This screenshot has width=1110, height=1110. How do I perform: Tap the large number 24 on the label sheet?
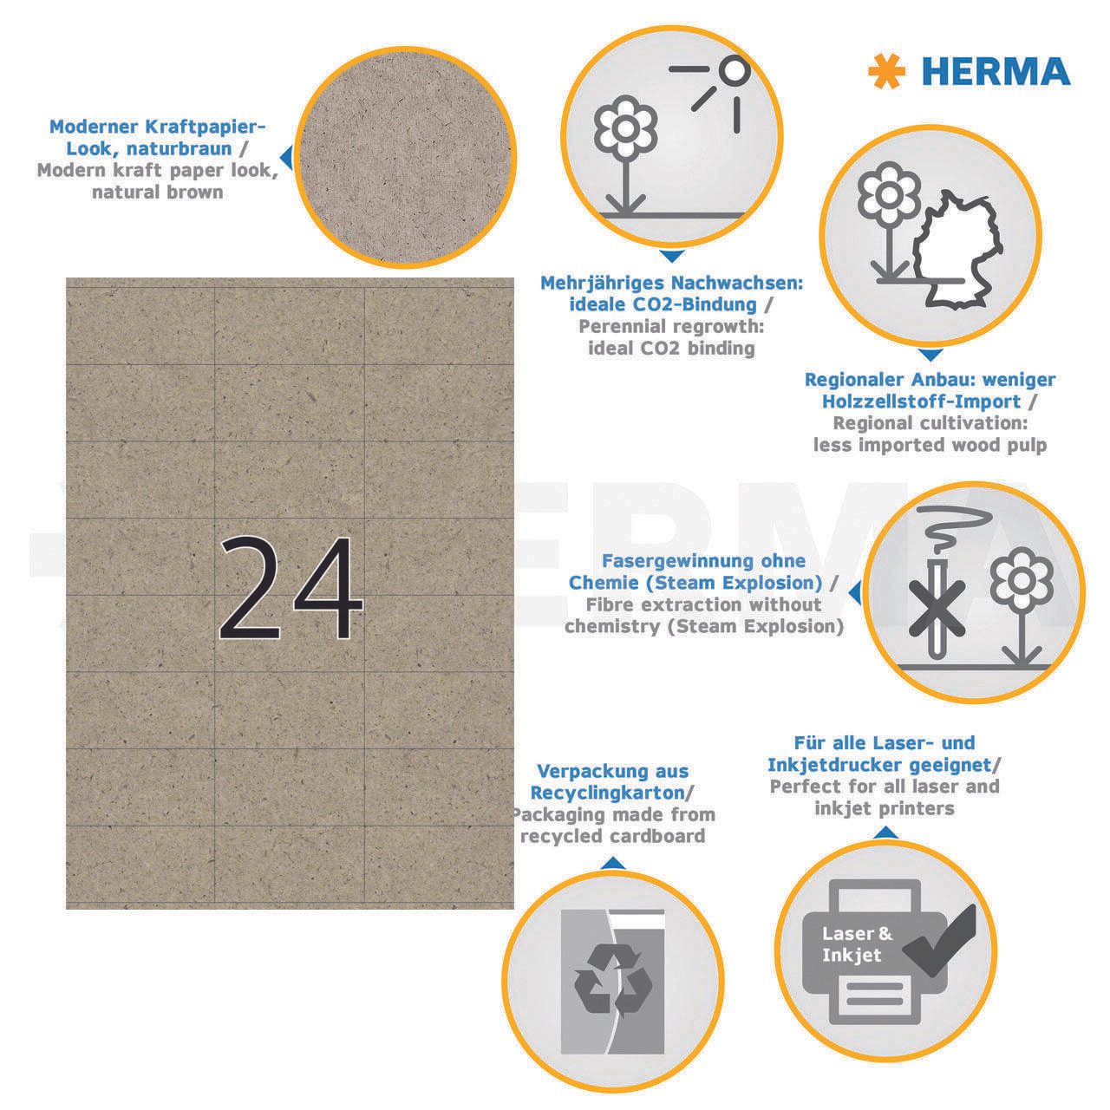(x=291, y=588)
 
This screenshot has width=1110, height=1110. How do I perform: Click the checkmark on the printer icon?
(x=939, y=940)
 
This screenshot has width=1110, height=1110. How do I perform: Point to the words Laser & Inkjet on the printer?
(x=857, y=944)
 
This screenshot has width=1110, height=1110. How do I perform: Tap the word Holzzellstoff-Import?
(x=921, y=402)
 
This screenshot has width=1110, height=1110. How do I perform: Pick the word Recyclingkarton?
(x=607, y=793)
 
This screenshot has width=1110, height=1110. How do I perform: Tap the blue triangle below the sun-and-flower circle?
(x=671, y=257)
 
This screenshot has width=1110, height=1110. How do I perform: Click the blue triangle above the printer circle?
(x=886, y=832)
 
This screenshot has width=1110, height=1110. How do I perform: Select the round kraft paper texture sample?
(x=405, y=157)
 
